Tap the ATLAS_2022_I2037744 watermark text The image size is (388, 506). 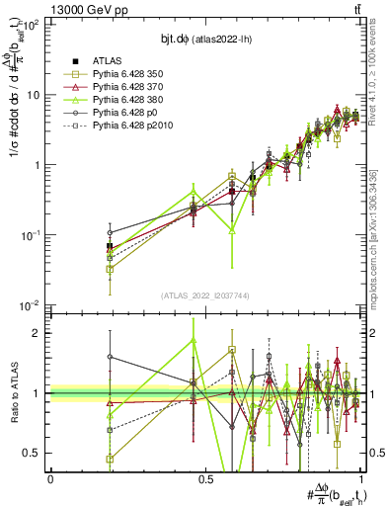pyautogui.click(x=206, y=295)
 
